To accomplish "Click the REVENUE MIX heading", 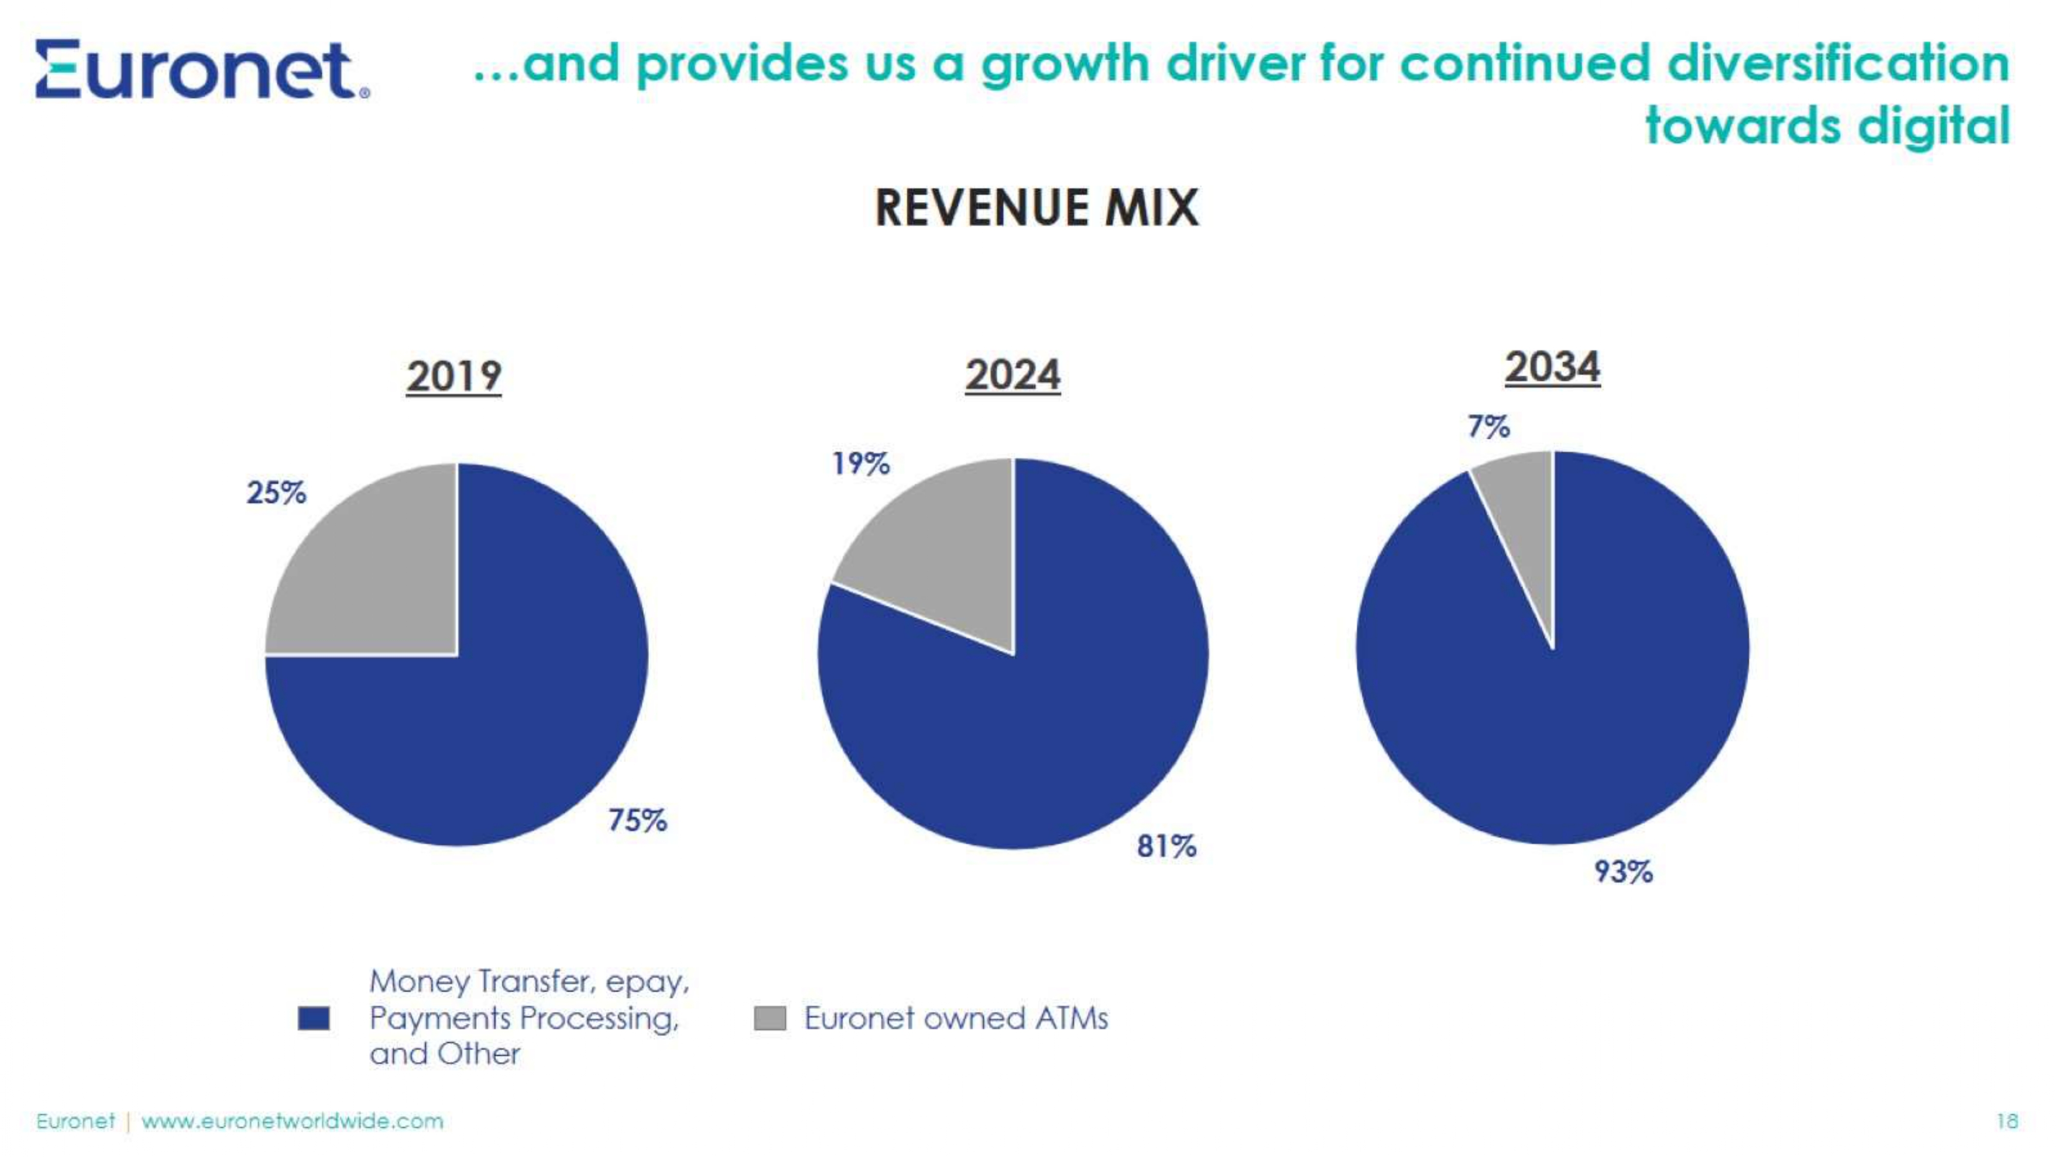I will (1037, 208).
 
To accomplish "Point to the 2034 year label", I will (1553, 367).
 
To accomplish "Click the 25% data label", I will (276, 493).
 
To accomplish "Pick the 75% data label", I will (637, 820).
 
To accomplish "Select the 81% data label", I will (1167, 845).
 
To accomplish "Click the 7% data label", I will (1488, 426).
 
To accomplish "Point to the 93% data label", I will (1623, 871).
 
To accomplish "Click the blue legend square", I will (313, 1018).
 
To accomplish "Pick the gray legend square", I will (770, 1018).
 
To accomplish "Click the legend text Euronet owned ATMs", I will (956, 1018).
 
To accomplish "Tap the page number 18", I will (2007, 1121).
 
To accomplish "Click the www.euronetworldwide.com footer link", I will (292, 1121).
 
